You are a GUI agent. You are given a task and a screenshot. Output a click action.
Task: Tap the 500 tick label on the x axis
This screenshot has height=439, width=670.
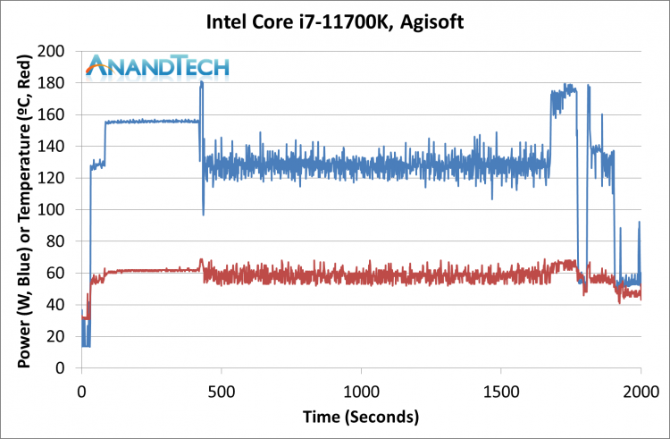[222, 389]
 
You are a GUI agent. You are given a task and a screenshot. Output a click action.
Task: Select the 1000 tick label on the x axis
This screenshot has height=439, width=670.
[361, 389]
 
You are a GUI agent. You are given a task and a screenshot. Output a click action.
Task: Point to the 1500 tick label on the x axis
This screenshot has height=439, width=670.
[500, 389]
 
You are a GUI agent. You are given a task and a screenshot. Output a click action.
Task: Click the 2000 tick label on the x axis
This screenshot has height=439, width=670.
[640, 389]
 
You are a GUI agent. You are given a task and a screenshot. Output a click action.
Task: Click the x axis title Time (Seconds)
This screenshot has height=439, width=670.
[361, 417]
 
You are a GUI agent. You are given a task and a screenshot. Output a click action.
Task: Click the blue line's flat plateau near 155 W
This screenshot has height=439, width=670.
[152, 121]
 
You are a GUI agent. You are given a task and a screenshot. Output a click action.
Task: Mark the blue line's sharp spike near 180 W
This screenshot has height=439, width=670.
[202, 83]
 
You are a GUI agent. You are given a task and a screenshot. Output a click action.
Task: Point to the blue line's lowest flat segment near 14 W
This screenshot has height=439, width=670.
[86, 345]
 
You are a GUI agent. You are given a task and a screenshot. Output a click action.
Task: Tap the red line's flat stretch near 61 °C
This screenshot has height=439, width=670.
[152, 270]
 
